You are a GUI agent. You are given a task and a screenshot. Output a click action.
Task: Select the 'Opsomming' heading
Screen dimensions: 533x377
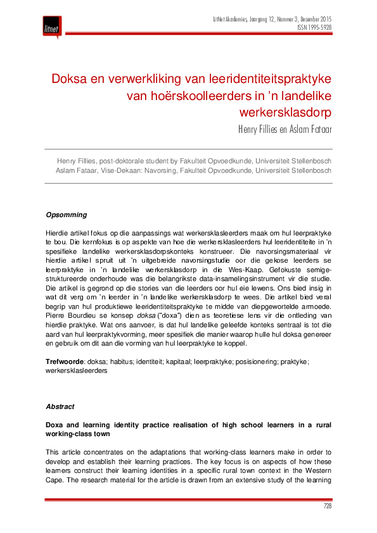[67, 215]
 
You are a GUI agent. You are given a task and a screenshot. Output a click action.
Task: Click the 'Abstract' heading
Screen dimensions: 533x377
[60, 406]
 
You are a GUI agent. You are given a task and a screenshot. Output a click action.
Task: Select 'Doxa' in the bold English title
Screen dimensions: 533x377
[56, 423]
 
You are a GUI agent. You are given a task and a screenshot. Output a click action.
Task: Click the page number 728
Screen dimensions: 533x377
[327, 506]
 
